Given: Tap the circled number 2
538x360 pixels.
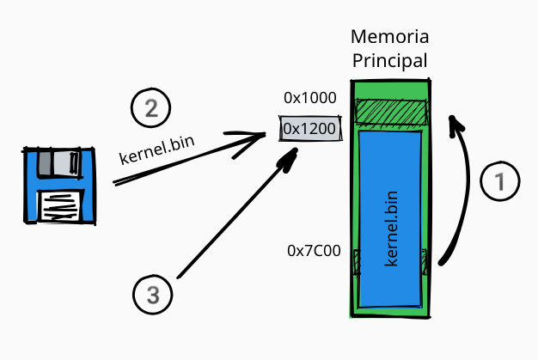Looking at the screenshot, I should pos(150,109).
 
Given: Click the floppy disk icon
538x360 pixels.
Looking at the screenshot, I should pos(59,185).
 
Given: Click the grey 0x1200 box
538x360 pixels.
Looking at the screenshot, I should pos(309,129).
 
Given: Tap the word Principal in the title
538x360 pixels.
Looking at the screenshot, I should pos(389,61).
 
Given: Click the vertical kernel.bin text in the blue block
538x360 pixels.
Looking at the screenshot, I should pos(391,225).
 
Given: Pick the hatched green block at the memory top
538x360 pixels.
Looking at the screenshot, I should pos(391,113).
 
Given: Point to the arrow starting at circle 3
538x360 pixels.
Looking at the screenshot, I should pos(232,220).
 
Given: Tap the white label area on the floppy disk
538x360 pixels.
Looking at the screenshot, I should pos(61,206).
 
